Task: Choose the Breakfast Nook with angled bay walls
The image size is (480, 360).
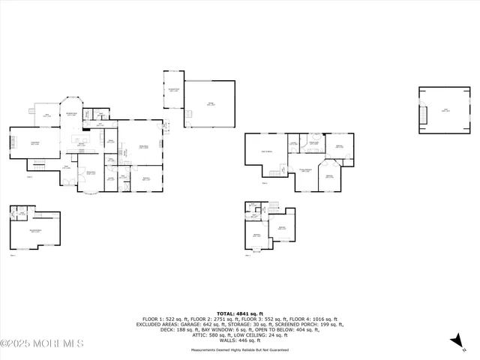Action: (x=73, y=112)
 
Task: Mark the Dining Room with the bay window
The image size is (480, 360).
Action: (x=91, y=178)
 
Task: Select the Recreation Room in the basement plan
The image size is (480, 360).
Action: (x=35, y=231)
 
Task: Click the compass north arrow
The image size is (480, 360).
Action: (x=455, y=341)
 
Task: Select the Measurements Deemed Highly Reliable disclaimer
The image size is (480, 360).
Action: (x=240, y=349)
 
